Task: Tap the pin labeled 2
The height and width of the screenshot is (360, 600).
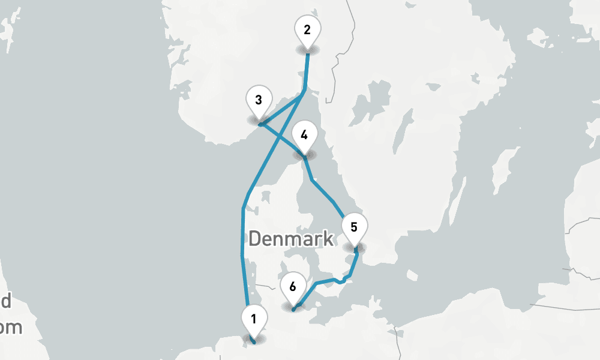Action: (x=307, y=29)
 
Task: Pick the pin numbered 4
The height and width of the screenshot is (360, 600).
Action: (x=304, y=134)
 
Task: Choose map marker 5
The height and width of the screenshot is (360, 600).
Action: (x=353, y=227)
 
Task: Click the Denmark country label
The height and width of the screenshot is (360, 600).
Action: (x=291, y=239)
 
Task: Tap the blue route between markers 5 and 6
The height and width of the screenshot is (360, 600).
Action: (x=327, y=280)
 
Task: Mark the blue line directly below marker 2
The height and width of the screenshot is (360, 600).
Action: (x=307, y=72)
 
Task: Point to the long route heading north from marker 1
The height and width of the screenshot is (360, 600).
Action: (x=242, y=240)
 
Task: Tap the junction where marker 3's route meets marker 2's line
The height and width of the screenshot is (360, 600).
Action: (x=305, y=89)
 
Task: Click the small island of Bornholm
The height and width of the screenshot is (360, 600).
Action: (x=412, y=275)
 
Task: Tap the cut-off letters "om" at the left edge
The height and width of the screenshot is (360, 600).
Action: (x=11, y=328)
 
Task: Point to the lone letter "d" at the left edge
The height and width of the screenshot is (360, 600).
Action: (x=6, y=301)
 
